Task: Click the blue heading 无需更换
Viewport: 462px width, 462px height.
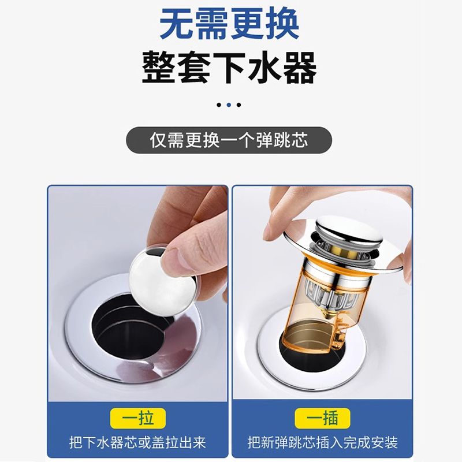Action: pyautogui.click(x=229, y=24)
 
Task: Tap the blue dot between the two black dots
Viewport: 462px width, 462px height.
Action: pyautogui.click(x=229, y=105)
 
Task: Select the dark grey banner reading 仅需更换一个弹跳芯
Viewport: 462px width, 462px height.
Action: pyautogui.click(x=229, y=140)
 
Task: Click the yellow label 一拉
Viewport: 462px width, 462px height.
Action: pyautogui.click(x=138, y=418)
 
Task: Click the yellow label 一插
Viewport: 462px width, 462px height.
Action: pyautogui.click(x=322, y=418)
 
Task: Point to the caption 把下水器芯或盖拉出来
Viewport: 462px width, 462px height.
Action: pyautogui.click(x=137, y=442)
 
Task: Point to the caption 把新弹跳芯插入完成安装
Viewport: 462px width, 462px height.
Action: pyautogui.click(x=323, y=442)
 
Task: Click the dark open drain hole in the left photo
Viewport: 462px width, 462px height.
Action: pyautogui.click(x=129, y=327)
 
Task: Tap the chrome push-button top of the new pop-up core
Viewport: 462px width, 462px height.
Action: pyautogui.click(x=349, y=232)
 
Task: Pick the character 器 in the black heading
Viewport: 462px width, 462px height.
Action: pyautogui.click(x=300, y=68)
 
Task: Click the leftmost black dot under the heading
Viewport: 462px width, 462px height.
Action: pyautogui.click(x=219, y=105)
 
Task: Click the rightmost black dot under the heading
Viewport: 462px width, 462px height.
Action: pyautogui.click(x=239, y=105)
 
